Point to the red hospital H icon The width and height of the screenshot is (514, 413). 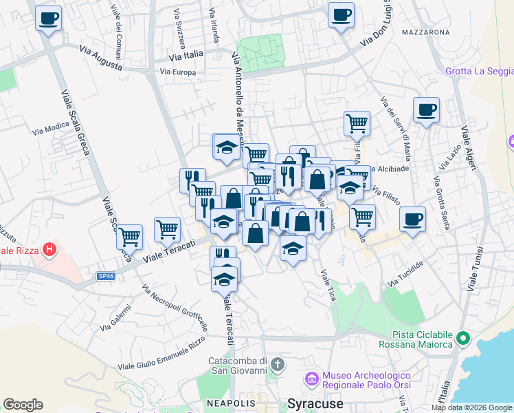[x=49, y=249]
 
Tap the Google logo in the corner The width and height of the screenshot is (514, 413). [x=23, y=405]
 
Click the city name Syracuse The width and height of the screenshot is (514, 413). [x=315, y=404]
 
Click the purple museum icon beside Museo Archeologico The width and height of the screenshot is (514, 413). [x=312, y=379]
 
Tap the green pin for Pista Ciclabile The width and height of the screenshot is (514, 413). [x=463, y=339]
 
